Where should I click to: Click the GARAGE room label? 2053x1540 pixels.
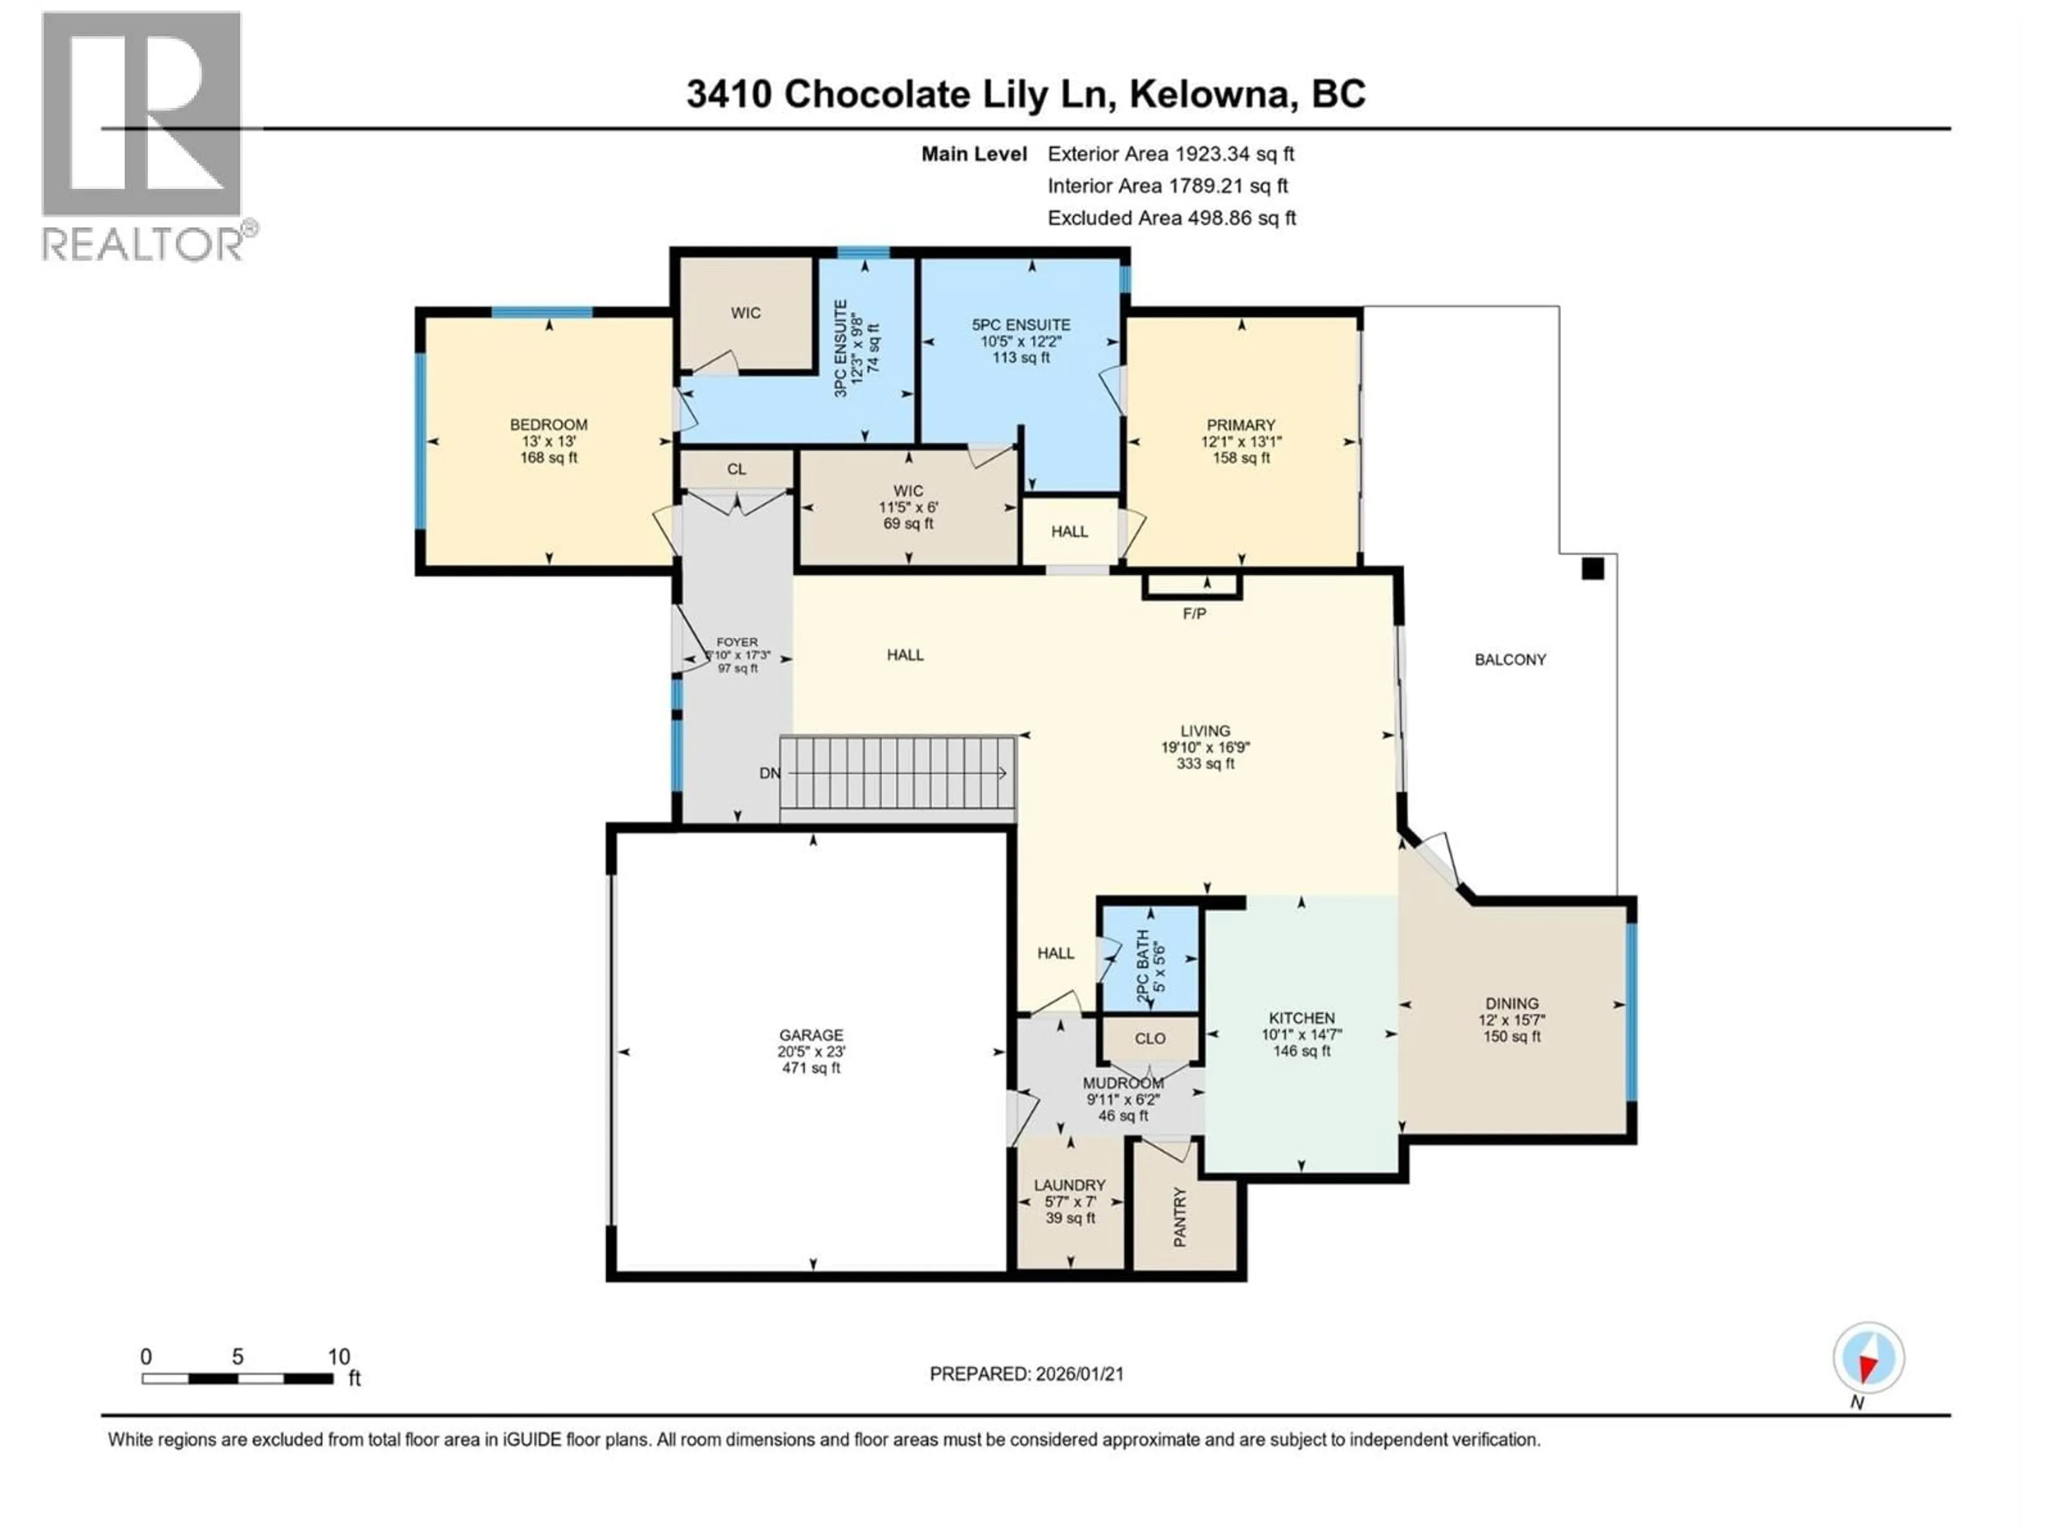811,1035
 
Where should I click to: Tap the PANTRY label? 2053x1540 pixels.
1179,1217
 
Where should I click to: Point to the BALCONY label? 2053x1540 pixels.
1510,660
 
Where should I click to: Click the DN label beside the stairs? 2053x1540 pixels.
769,773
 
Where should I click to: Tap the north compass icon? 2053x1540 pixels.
1869,1358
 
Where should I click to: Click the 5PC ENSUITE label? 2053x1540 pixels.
1021,325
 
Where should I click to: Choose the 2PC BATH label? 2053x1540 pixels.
1144,965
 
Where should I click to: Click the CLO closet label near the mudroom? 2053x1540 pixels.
1150,1039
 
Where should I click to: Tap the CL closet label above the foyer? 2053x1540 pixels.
736,469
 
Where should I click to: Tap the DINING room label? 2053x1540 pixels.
1512,1004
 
